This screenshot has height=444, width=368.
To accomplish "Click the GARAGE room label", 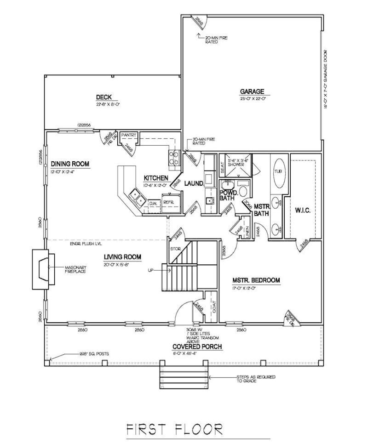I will pyautogui.click(x=252, y=91).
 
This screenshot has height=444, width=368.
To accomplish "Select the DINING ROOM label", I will pyautogui.click(x=70, y=164).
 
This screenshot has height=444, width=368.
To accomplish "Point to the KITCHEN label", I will pyautogui.click(x=155, y=178).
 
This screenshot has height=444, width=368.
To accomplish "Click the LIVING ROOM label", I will pyautogui.click(x=122, y=257).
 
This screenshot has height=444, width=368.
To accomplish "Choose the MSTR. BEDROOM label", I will pyautogui.click(x=256, y=280).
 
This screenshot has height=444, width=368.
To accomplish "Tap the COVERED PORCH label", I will pyautogui.click(x=191, y=347).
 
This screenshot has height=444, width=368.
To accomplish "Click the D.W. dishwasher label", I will pyautogui.click(x=153, y=202).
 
